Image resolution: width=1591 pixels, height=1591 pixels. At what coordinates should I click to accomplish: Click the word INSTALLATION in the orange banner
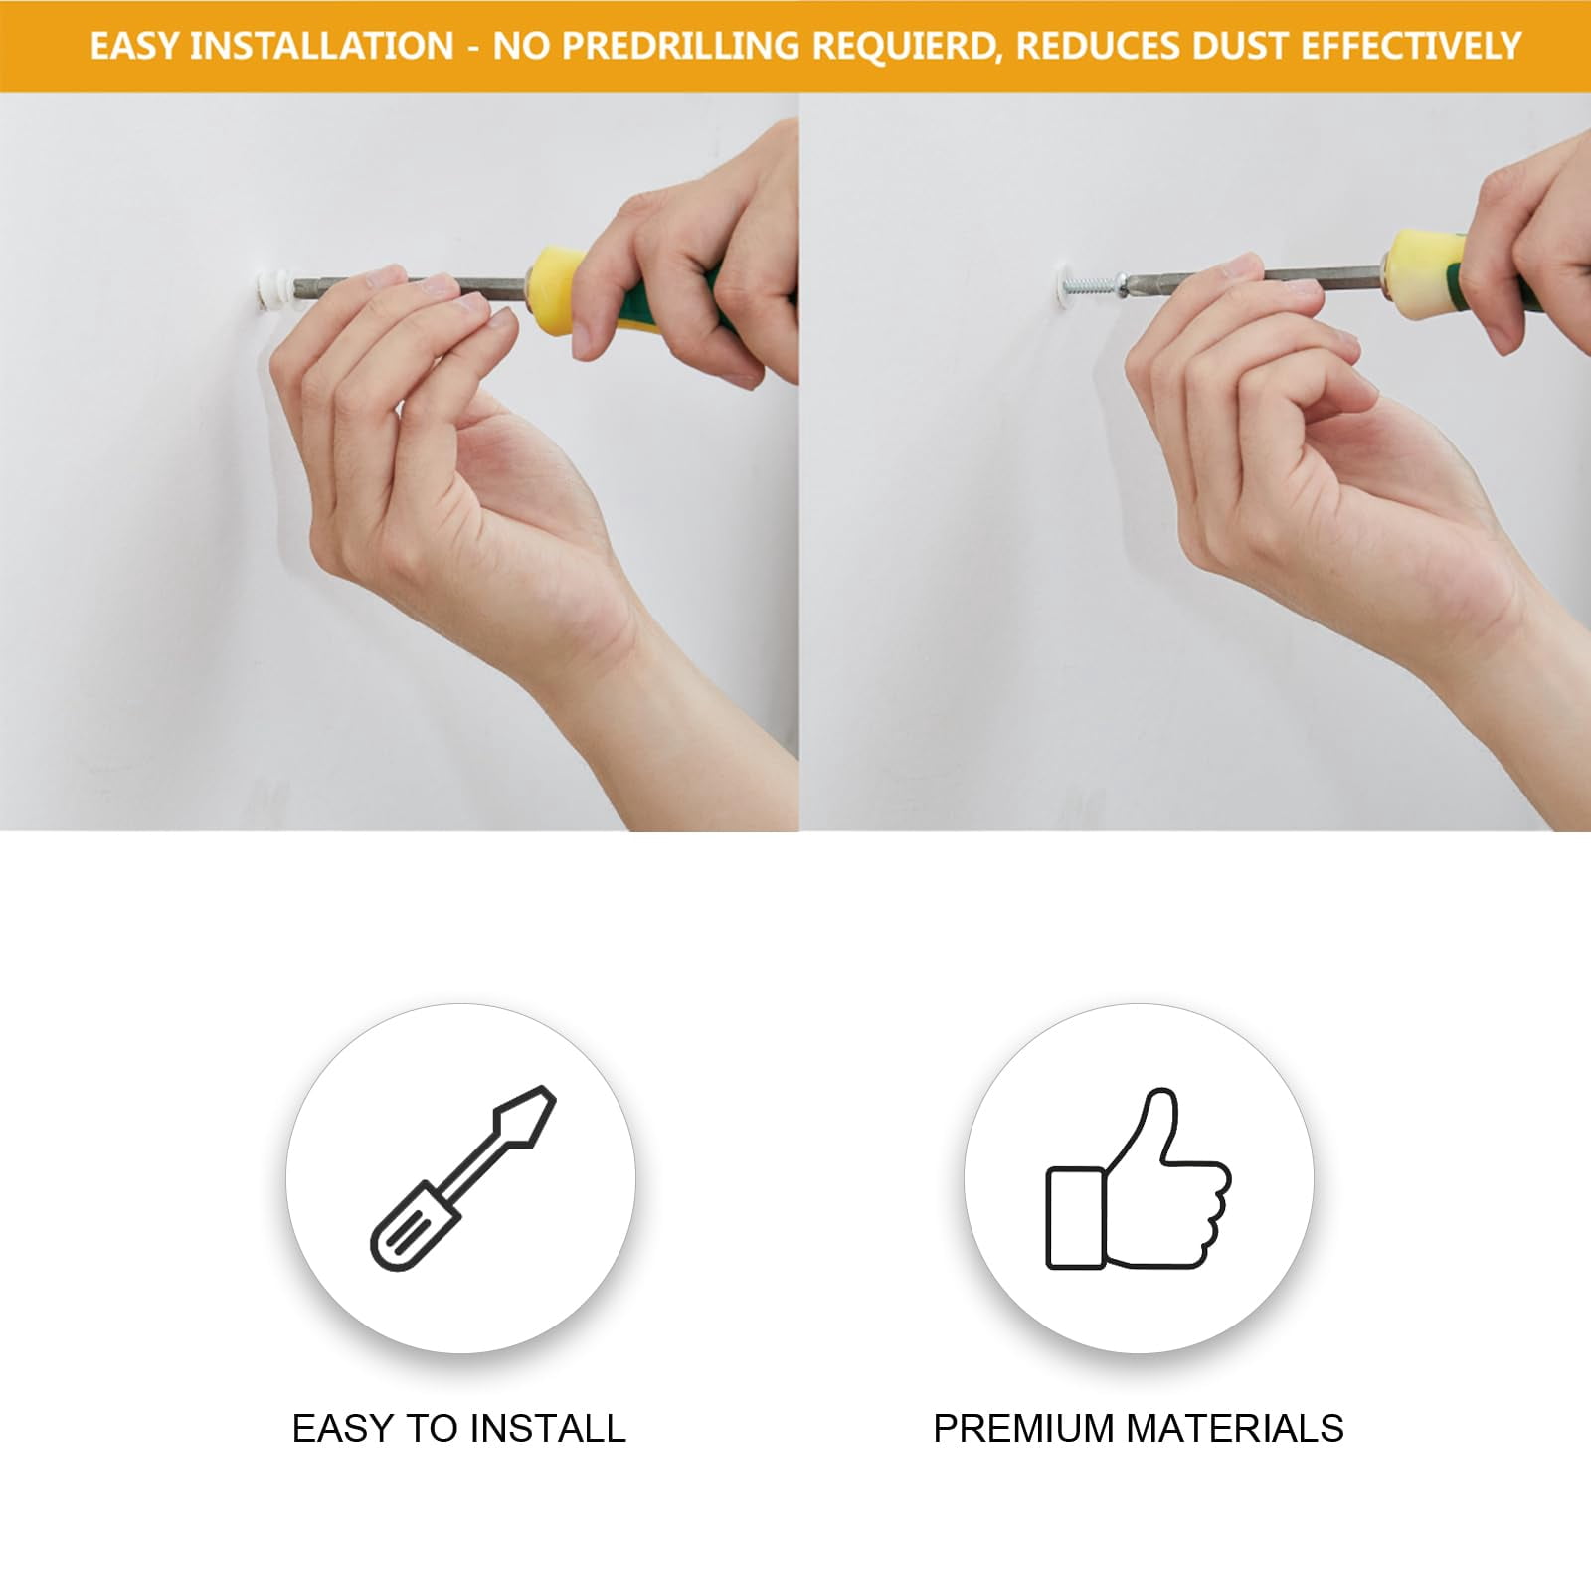(321, 46)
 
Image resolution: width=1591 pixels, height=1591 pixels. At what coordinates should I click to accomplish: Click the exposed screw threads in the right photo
(1094, 287)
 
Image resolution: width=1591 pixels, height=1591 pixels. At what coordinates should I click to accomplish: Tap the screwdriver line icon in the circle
(462, 1177)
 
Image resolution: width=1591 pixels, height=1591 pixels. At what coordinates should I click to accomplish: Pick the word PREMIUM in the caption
(1023, 1428)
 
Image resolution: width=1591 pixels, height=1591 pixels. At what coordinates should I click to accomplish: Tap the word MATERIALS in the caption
(1235, 1428)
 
